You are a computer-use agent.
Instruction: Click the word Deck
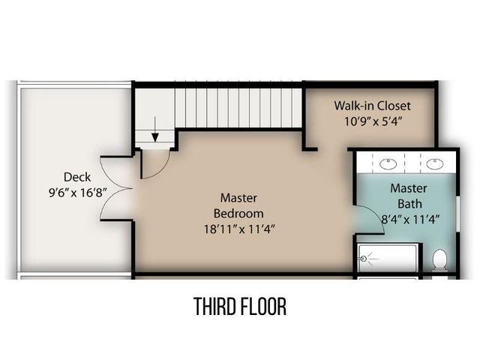tap(77, 177)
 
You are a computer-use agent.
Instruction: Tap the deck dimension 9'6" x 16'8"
tap(77, 192)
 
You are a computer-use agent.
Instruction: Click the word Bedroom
tap(238, 212)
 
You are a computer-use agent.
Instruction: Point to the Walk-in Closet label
tap(372, 105)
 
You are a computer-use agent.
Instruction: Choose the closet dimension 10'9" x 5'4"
tap(372, 120)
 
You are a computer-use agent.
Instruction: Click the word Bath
tap(409, 203)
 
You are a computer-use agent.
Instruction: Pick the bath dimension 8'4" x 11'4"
tap(409, 219)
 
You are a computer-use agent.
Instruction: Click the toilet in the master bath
tap(440, 260)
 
